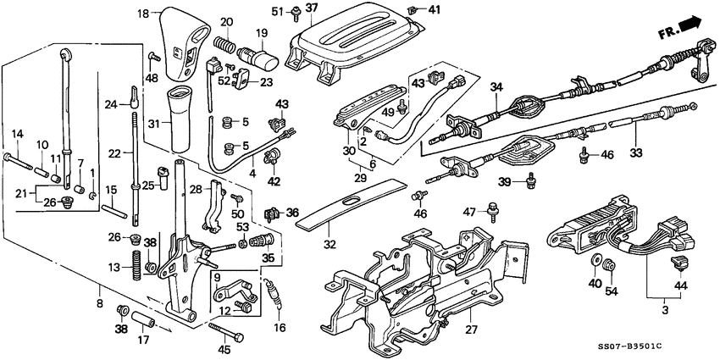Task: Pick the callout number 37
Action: (311, 8)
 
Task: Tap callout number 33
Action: (637, 153)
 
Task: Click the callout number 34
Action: (496, 86)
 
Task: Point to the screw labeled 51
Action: (296, 11)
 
